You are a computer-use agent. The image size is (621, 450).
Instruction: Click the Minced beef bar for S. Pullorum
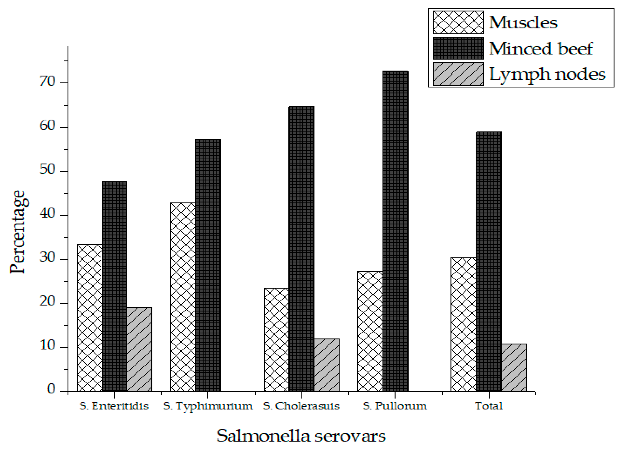coord(395,231)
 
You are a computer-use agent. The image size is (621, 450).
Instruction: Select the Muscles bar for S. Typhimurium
coord(183,297)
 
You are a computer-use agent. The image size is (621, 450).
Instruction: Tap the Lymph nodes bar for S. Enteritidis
coord(139,349)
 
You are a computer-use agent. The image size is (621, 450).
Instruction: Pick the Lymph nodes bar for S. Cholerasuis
coord(326,365)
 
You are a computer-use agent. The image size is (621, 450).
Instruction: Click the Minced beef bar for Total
coord(489,261)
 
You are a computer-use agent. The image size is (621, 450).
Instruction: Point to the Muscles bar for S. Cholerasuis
coord(277,340)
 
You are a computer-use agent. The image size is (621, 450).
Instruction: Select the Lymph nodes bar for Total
coord(514,368)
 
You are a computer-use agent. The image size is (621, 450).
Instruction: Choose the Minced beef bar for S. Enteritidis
coord(114,286)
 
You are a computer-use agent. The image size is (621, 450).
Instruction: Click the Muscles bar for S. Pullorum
coord(370,331)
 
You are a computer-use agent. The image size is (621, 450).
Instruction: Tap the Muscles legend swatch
coord(458,22)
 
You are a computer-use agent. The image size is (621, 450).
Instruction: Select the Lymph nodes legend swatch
coord(458,74)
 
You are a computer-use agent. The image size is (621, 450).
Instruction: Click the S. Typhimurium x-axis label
coord(208,406)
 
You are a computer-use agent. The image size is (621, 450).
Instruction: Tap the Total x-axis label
coord(489,406)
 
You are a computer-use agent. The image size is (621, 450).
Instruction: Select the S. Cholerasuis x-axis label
coord(301,406)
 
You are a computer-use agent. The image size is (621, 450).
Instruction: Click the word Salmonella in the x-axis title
coord(263,436)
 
